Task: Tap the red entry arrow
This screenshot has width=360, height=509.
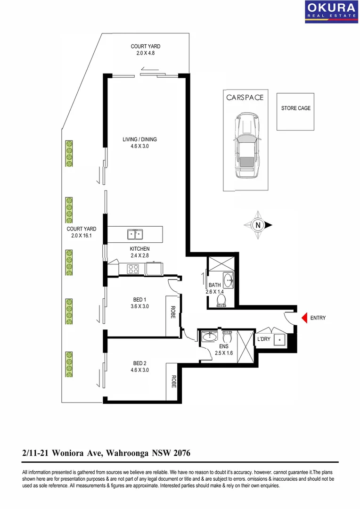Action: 304,318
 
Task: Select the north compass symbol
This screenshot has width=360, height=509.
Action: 258,225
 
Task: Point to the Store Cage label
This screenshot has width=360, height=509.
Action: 295,108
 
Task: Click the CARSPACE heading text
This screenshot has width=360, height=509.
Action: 245,98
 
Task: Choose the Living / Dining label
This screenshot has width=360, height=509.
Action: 139,140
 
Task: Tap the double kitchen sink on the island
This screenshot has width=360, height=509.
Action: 135,234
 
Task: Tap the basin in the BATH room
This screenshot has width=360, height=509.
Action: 229,280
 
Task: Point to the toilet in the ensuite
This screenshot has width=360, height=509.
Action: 227,337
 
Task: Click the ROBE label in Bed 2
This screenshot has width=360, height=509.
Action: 173,381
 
